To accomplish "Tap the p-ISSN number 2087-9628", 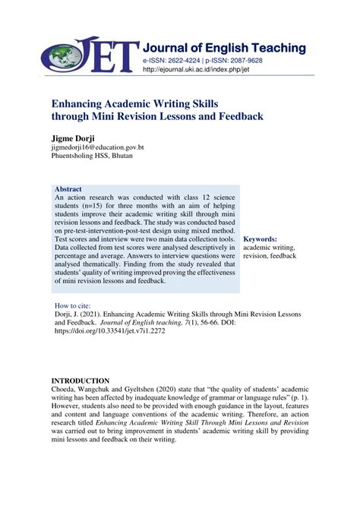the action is click(x=243, y=59).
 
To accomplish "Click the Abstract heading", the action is click(x=68, y=188).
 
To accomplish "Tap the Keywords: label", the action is click(x=261, y=239).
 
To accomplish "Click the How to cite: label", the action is click(x=74, y=305).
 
